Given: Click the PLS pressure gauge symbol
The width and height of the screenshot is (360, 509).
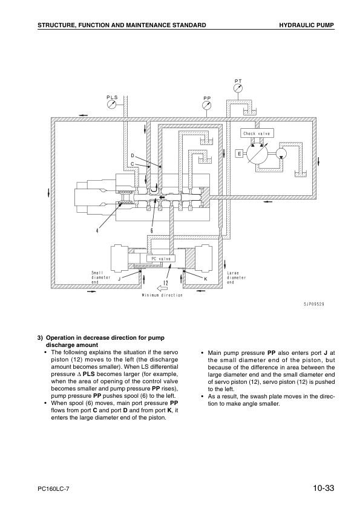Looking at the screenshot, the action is [x=111, y=104].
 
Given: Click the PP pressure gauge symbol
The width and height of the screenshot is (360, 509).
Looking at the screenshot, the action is [x=206, y=105].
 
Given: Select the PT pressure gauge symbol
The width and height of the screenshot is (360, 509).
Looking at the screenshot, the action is [x=238, y=88].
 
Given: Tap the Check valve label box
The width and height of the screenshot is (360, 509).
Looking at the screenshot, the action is [x=257, y=134].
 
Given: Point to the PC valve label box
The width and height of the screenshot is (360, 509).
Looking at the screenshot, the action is [x=161, y=259].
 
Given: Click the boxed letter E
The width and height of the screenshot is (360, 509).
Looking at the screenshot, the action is [x=240, y=154].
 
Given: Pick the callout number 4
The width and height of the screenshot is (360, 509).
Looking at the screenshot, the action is [x=97, y=231].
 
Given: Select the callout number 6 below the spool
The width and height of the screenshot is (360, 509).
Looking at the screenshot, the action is [x=151, y=231].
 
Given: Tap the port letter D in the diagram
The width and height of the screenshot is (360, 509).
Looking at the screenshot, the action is [x=133, y=156].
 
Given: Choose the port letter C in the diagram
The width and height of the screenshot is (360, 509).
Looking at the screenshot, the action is [x=133, y=164].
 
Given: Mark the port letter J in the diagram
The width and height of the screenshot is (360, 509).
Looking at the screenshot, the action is [x=119, y=279].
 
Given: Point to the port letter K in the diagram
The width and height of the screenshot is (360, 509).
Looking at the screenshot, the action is [x=206, y=279].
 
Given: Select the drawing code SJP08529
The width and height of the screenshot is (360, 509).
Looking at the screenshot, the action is [x=313, y=304].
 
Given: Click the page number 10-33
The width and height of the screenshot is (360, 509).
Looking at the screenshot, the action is [x=324, y=488].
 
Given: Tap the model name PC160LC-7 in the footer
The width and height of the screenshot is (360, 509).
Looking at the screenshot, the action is [x=53, y=489].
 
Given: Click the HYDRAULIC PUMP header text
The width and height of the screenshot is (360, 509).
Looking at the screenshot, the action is [x=307, y=25].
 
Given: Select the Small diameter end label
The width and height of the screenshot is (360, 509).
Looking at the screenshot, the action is [x=100, y=277].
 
